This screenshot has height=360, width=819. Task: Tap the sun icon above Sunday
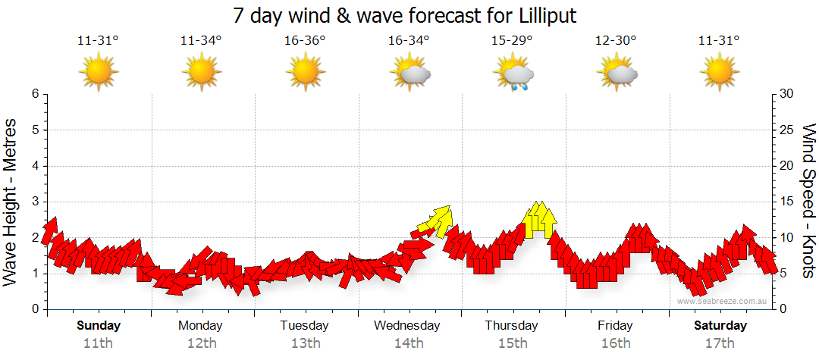coord(99,74)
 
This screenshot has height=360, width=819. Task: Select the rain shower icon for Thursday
coord(515,76)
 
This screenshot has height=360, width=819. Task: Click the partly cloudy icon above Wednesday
coord(410,74)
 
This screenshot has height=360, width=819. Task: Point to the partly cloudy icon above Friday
coord(617,74)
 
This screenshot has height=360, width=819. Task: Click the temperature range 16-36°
coord(305,41)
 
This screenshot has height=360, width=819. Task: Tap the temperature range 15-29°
coord(512,41)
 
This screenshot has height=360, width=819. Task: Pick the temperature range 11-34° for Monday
coord(201,41)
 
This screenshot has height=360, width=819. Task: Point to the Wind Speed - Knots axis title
coord(808,201)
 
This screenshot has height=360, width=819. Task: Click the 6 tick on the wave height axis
coord(35,94)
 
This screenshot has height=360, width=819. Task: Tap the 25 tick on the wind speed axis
coord(787,130)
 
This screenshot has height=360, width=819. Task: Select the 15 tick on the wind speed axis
coord(787,202)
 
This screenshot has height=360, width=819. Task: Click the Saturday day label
coord(720,326)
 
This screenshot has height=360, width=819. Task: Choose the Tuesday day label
coord(305,326)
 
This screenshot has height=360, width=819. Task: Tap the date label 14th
coord(408,343)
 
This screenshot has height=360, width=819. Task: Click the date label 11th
coord(98,343)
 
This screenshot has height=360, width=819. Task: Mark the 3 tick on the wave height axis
coord(35,202)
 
